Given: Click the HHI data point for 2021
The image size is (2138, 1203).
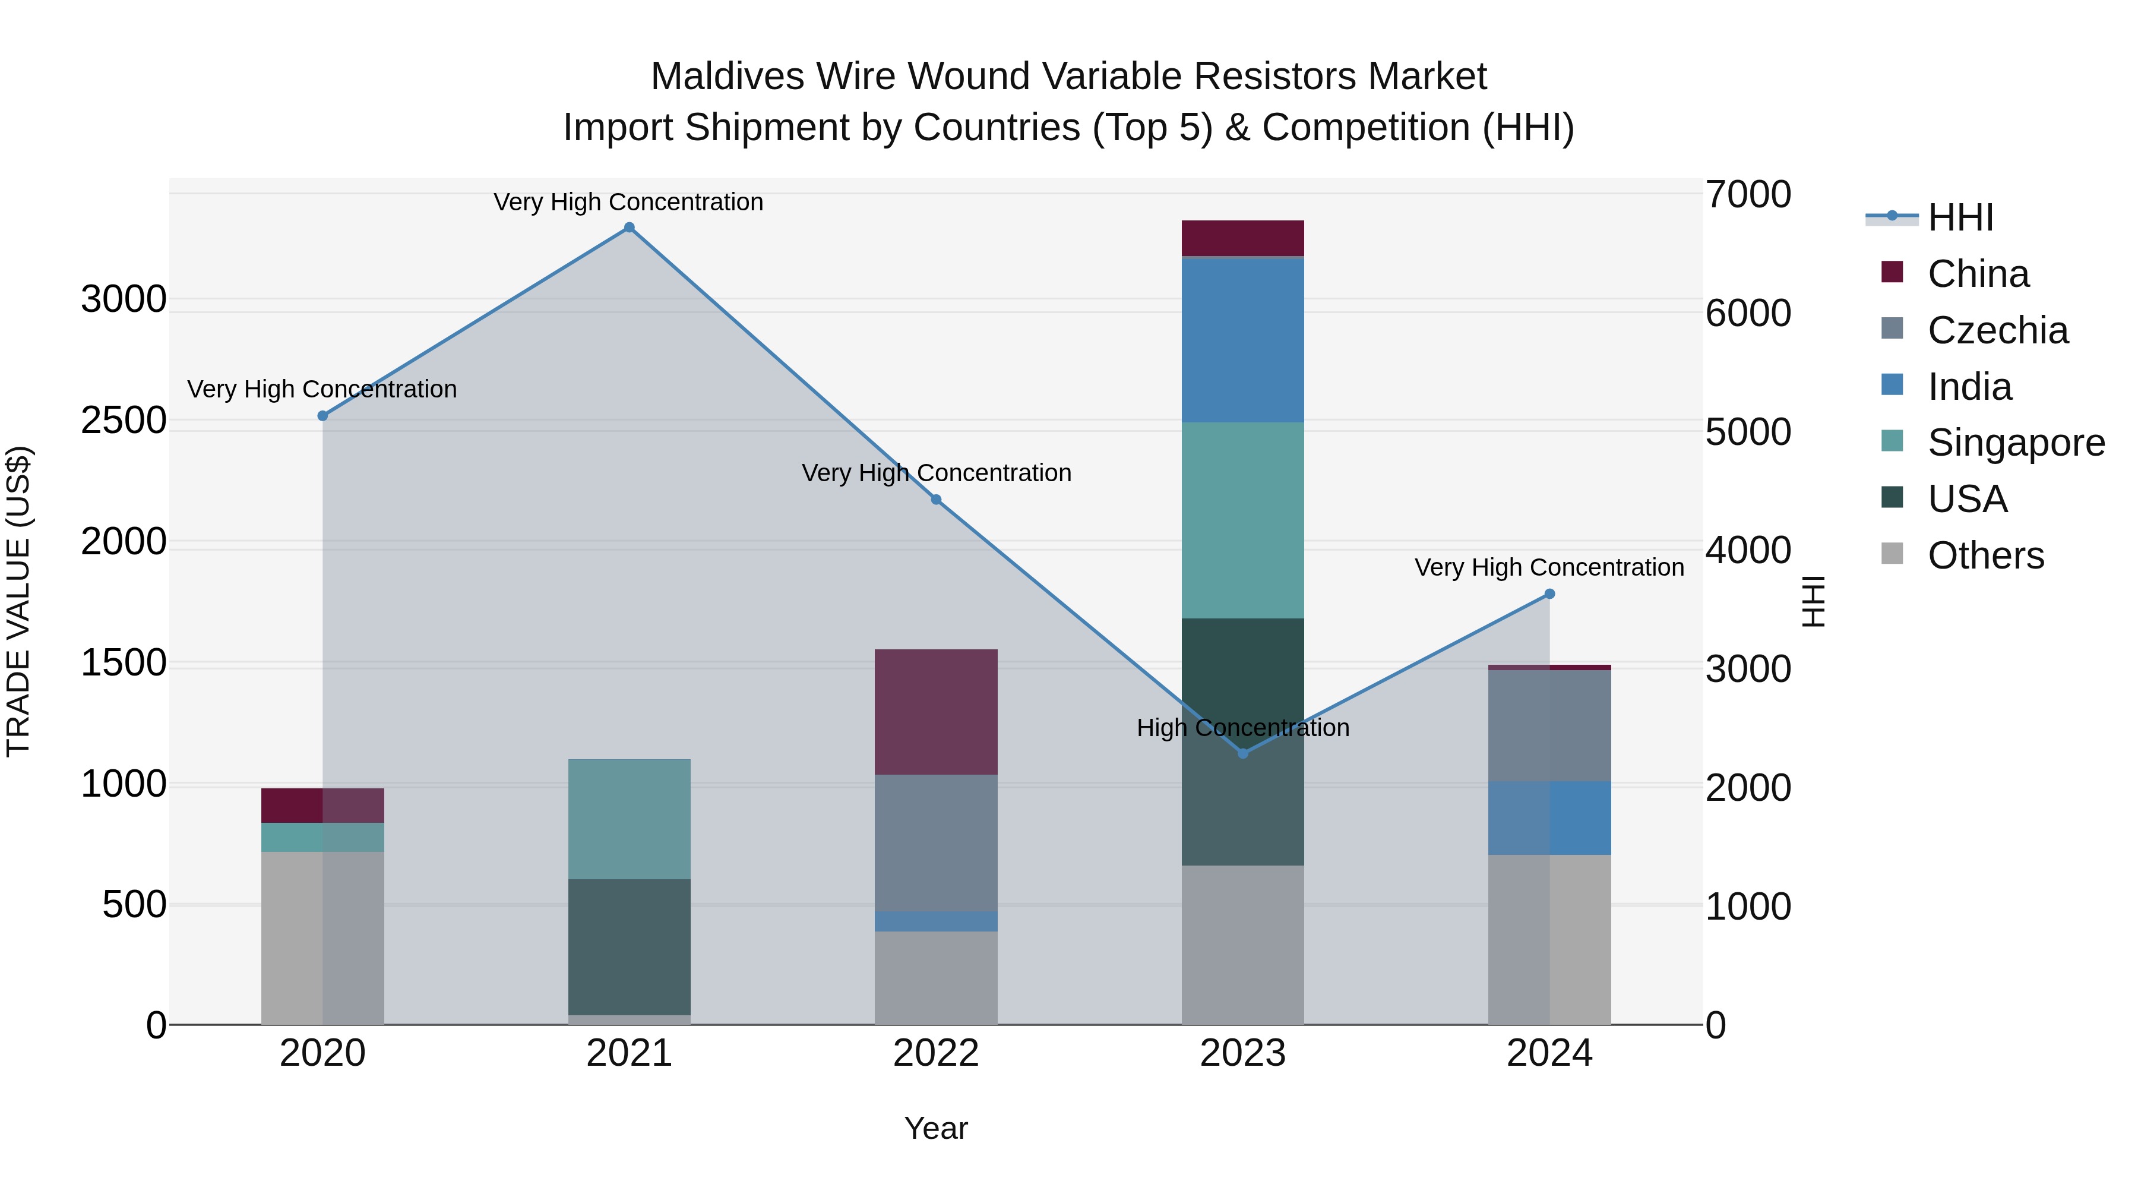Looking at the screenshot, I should pos(629,228).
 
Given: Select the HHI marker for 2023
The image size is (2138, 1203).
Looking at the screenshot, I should pos(1242,753).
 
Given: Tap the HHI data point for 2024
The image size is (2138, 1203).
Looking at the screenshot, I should pos(1549,593).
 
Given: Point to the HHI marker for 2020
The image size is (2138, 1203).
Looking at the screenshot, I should pos(323,416).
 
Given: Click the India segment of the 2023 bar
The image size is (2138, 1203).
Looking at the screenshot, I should pos(1242,340).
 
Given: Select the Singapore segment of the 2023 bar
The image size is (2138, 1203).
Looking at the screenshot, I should pos(1242,520).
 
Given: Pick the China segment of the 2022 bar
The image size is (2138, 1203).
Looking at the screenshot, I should pos(935,712).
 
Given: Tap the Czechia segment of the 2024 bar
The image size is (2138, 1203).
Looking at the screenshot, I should pos(1549,725).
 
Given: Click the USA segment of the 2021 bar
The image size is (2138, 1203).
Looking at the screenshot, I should pos(629,946).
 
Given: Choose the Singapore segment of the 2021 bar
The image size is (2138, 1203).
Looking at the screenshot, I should pos(629,819).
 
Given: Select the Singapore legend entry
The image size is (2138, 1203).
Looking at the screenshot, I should pos(2015,443).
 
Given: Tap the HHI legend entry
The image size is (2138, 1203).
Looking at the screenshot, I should pos(1960,217).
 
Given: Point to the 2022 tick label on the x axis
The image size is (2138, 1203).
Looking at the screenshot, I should pos(935,1053).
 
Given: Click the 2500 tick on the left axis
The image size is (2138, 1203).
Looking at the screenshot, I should pos(124,420).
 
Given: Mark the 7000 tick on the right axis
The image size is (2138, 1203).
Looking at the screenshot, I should pos(1748,195).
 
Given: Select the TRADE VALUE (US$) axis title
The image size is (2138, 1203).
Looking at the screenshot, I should pos(18,601).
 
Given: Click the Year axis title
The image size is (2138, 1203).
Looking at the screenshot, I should pos(935,1128).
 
